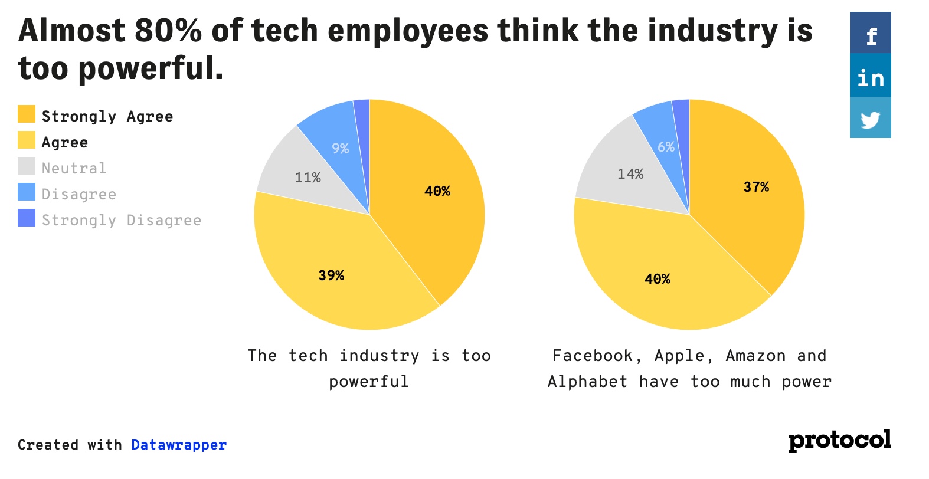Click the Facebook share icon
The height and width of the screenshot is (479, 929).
(x=871, y=34)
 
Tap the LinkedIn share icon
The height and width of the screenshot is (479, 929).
(x=871, y=77)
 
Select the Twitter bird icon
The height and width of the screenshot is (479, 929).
(x=871, y=119)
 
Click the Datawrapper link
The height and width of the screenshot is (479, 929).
(x=179, y=445)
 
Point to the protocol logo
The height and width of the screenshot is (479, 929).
(x=839, y=441)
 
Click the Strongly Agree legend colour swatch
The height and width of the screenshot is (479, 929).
(x=27, y=114)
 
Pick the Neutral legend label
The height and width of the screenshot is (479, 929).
(x=74, y=168)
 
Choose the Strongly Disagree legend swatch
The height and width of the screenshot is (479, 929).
(x=27, y=218)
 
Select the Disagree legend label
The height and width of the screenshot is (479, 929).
(x=79, y=194)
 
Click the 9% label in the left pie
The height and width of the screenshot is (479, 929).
(x=341, y=149)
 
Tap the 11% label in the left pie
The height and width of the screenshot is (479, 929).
(x=308, y=178)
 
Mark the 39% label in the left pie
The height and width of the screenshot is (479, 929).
(x=331, y=275)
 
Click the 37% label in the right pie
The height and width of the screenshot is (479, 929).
(x=756, y=187)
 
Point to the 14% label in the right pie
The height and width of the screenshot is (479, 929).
(x=630, y=174)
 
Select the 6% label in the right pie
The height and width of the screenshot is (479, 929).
(x=666, y=147)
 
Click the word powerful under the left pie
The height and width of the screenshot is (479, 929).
(x=369, y=382)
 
